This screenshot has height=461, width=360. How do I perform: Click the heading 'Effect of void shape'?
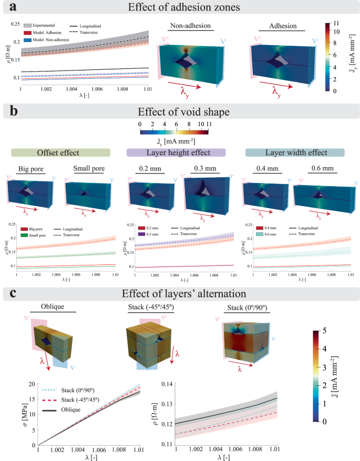pos(179,111)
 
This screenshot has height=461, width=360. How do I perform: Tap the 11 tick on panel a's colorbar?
pos(342,23)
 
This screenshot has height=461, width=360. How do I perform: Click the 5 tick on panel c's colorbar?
pos(341,330)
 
